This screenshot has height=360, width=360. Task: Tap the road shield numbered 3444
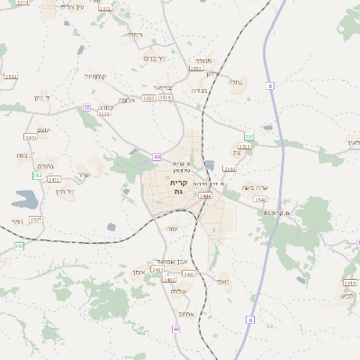(204, 195)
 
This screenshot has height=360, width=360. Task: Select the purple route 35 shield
(87, 107)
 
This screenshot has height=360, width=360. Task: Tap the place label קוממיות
(95, 76)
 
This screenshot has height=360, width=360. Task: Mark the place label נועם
(223, 282)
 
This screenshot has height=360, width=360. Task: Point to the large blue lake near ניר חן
(26, 198)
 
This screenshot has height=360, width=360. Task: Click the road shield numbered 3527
(36, 219)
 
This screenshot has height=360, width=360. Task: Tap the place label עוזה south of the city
(172, 229)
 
